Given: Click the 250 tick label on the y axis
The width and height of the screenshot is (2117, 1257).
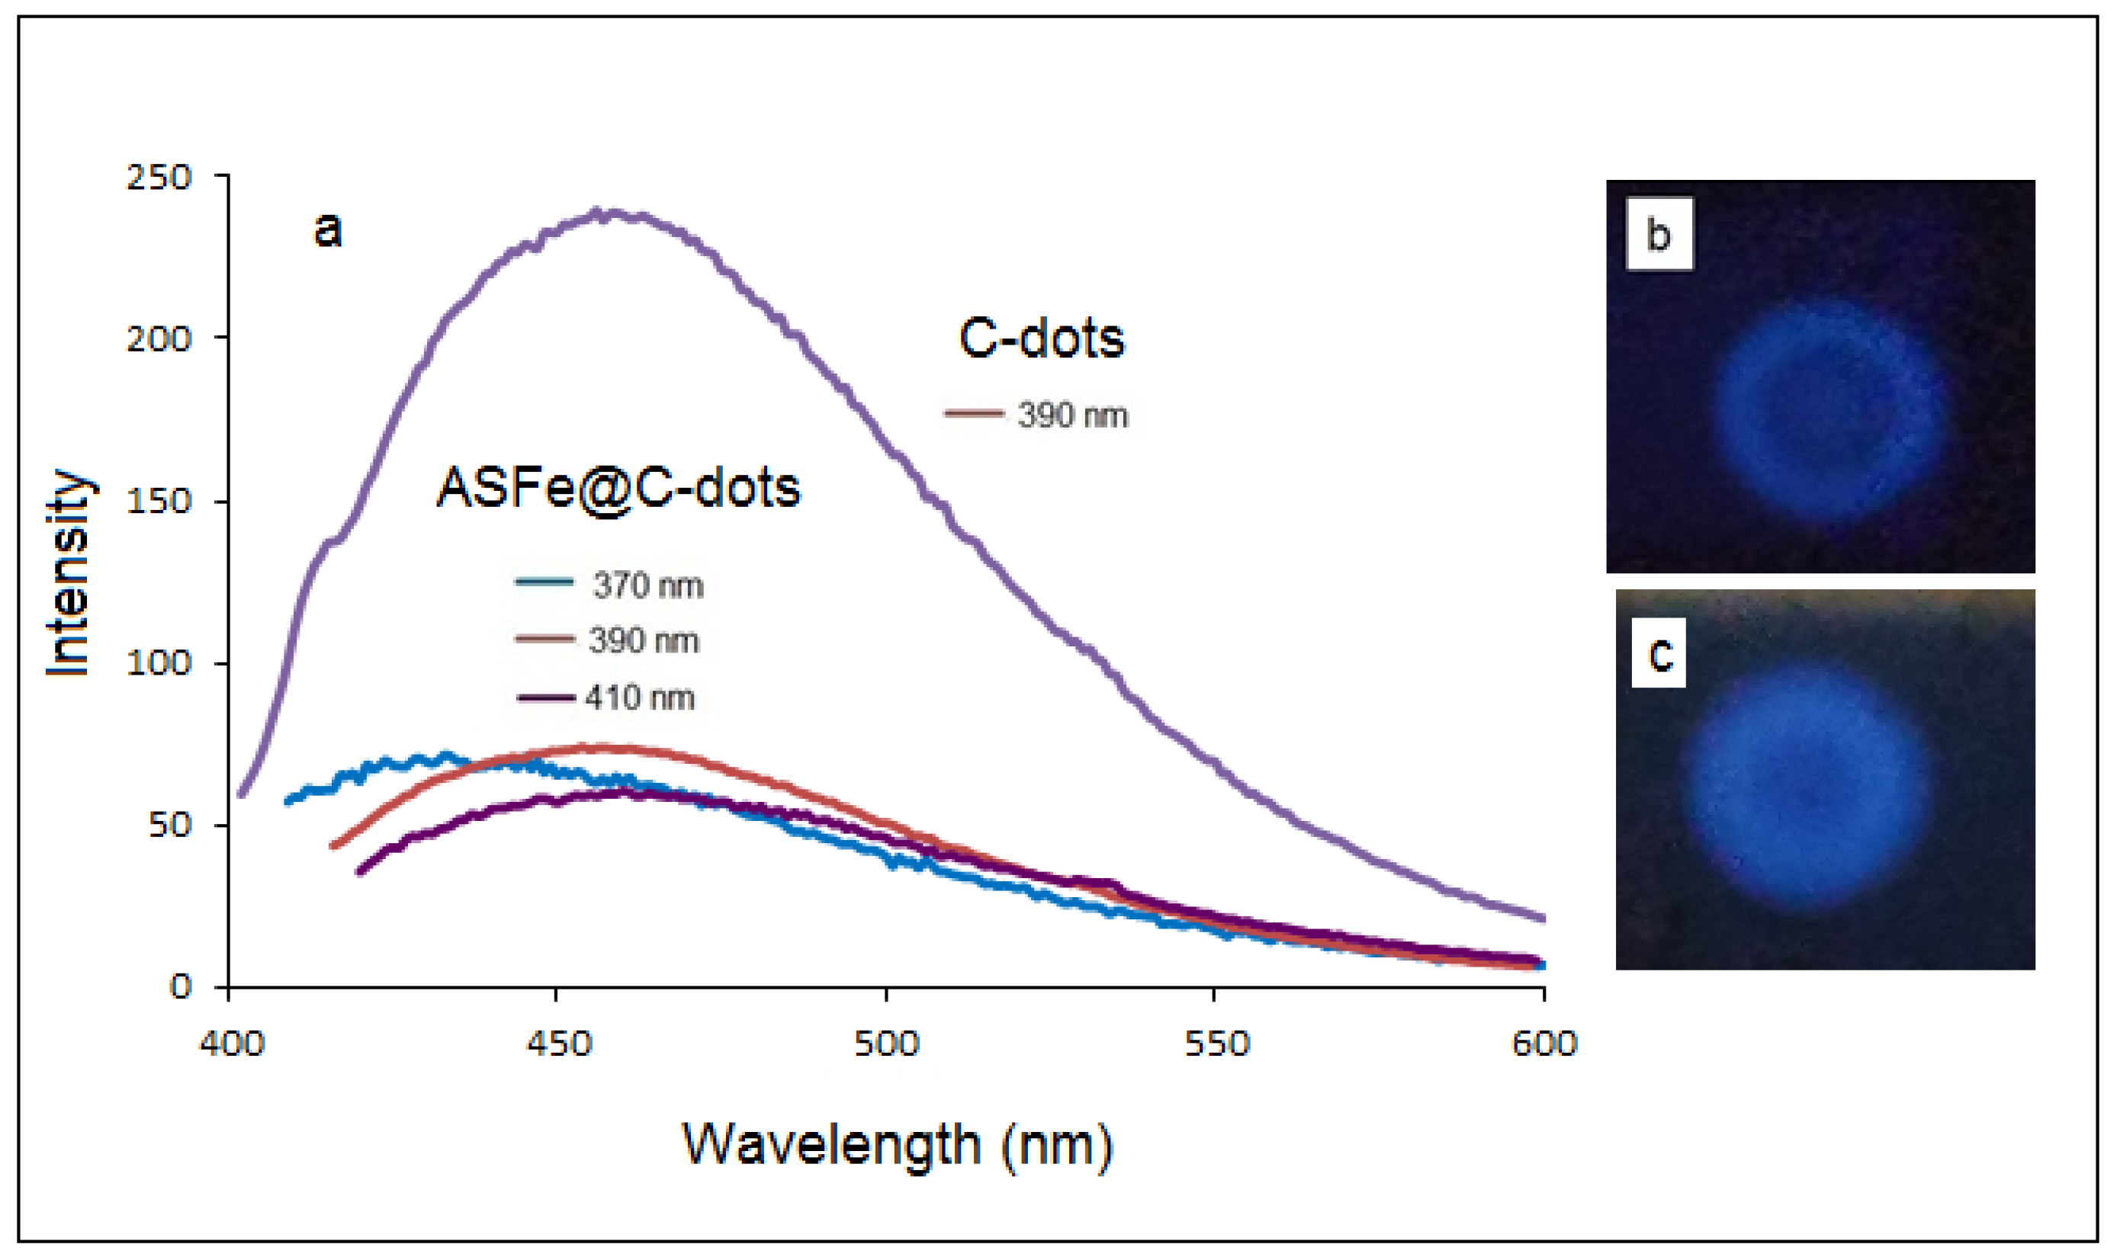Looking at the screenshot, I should click(x=159, y=178).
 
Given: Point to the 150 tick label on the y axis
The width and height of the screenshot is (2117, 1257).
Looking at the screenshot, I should click(x=159, y=501).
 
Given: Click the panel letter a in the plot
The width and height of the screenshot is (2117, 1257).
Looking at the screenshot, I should click(x=328, y=229).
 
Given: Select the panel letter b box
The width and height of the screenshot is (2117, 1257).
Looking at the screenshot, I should click(x=1659, y=234).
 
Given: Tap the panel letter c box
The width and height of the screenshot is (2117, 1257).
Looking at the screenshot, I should click(x=1659, y=653).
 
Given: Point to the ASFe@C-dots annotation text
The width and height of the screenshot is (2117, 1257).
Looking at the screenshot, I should click(x=618, y=488).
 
